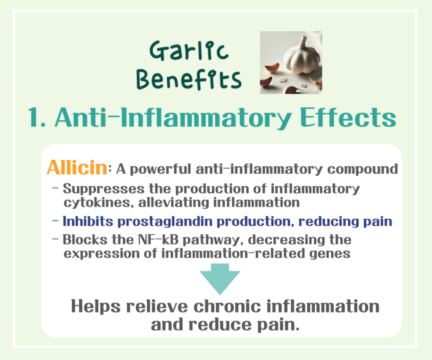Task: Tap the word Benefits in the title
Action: click(190, 79)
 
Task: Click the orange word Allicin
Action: click(77, 167)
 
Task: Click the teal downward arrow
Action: click(219, 279)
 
